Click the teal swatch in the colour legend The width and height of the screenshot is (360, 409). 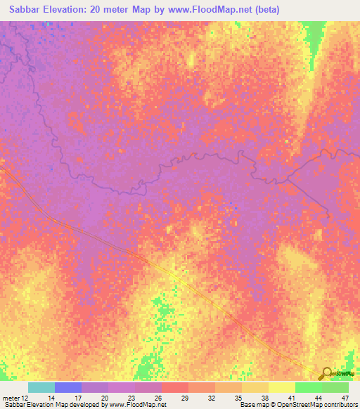[x=41, y=387]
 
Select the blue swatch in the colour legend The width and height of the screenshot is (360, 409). [x=68, y=387]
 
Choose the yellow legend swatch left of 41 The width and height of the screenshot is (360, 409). [x=281, y=387]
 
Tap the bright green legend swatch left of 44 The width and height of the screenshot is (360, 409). [x=308, y=387]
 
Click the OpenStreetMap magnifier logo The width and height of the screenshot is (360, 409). [x=326, y=374]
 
